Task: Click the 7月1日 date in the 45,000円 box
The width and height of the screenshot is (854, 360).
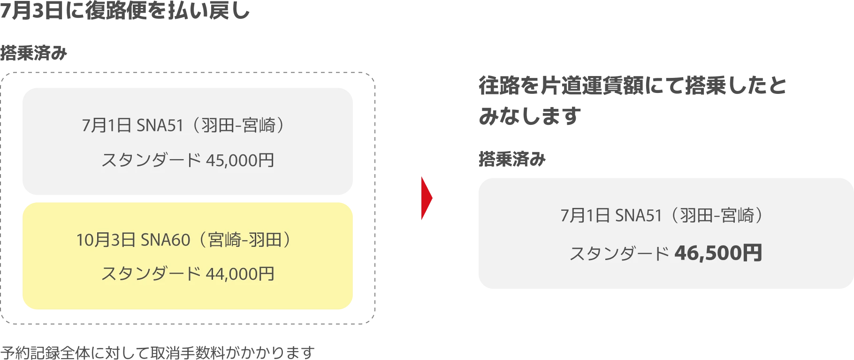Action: (106, 126)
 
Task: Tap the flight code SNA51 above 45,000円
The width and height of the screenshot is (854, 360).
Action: (160, 126)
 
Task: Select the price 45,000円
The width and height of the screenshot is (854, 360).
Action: (240, 161)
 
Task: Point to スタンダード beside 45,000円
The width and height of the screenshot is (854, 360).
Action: (151, 161)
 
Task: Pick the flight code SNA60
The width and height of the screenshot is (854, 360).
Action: (165, 240)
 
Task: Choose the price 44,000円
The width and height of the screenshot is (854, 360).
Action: (240, 274)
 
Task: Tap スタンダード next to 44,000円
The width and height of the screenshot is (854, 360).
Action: (151, 274)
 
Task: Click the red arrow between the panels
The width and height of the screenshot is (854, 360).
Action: (427, 198)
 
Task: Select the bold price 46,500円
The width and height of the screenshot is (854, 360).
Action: (718, 253)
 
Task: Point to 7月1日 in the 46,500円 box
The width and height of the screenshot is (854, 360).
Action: (585, 216)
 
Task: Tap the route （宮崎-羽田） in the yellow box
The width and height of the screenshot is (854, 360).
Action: (244, 240)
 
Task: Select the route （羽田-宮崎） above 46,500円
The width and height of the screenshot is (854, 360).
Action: (717, 216)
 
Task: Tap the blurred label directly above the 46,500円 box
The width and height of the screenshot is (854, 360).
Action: (511, 161)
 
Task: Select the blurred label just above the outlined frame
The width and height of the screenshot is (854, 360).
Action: (34, 53)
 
